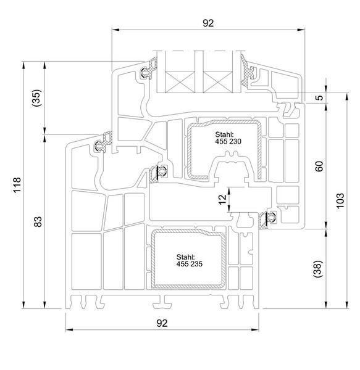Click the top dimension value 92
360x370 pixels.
[208, 23]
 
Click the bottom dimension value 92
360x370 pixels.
[162, 323]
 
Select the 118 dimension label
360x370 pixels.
[17, 185]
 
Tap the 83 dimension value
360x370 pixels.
[38, 221]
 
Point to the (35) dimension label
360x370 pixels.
[36, 98]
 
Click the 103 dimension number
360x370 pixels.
[340, 200]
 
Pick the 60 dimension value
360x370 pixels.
[319, 166]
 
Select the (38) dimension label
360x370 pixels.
[317, 269]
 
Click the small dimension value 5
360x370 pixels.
[319, 97]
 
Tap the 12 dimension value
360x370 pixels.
[222, 200]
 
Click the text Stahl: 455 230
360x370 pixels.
[228, 138]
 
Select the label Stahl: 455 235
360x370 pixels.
[189, 260]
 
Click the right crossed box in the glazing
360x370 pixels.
[218, 82]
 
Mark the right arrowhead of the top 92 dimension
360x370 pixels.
[301, 30]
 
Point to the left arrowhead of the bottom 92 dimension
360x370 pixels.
[69, 330]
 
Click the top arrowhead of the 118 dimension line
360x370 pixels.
[23, 65]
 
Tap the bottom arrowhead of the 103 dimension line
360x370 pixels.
[347, 305]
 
